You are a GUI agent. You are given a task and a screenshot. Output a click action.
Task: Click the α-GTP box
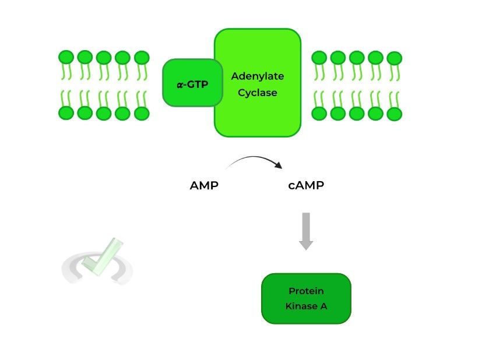pos(192,83)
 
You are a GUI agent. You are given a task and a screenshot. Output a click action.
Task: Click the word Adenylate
pos(258,76)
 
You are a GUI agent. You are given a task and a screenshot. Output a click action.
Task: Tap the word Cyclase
pos(258,93)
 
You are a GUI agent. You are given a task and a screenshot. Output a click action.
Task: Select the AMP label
pos(204,186)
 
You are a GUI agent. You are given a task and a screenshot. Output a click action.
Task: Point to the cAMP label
pos(306,186)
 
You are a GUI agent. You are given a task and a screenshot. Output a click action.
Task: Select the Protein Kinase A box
pos(306,298)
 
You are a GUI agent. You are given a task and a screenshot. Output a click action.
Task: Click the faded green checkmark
pos(103,256)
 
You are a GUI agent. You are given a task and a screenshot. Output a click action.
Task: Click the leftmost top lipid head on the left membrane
pos(66,57)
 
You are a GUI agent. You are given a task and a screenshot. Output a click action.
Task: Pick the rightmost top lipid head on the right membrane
pos(395,58)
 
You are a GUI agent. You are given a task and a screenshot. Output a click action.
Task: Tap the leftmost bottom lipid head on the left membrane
pos(66,113)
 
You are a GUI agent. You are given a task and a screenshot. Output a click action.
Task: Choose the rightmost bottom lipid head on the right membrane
pos(395,114)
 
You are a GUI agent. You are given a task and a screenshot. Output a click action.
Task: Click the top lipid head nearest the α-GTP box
pos(142,57)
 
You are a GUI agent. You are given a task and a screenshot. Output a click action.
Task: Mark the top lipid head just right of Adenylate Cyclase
pos(319,57)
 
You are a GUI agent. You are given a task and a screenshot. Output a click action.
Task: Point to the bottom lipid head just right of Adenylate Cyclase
pos(319,113)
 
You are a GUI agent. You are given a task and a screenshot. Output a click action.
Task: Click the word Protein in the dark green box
pos(306,291)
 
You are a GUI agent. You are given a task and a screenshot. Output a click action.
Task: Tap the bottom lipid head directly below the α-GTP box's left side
pos(142,113)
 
